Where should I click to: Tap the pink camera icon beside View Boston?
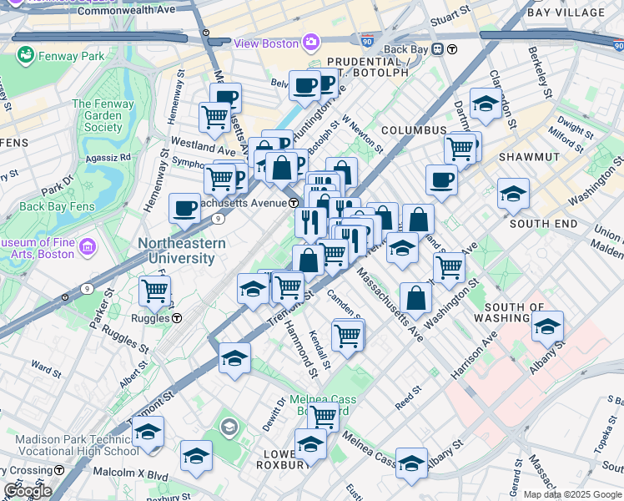point(310,42)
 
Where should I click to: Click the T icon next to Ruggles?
point(178,318)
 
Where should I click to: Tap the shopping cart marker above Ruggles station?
point(155,291)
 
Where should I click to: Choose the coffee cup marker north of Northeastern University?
point(184,208)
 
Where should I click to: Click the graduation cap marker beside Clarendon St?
point(485,104)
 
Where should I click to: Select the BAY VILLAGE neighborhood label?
point(577,13)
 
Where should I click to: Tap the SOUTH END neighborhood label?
point(543,224)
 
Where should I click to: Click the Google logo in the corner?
point(27,490)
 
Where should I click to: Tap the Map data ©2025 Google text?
point(571,494)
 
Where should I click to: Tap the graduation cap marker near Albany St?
point(547,327)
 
